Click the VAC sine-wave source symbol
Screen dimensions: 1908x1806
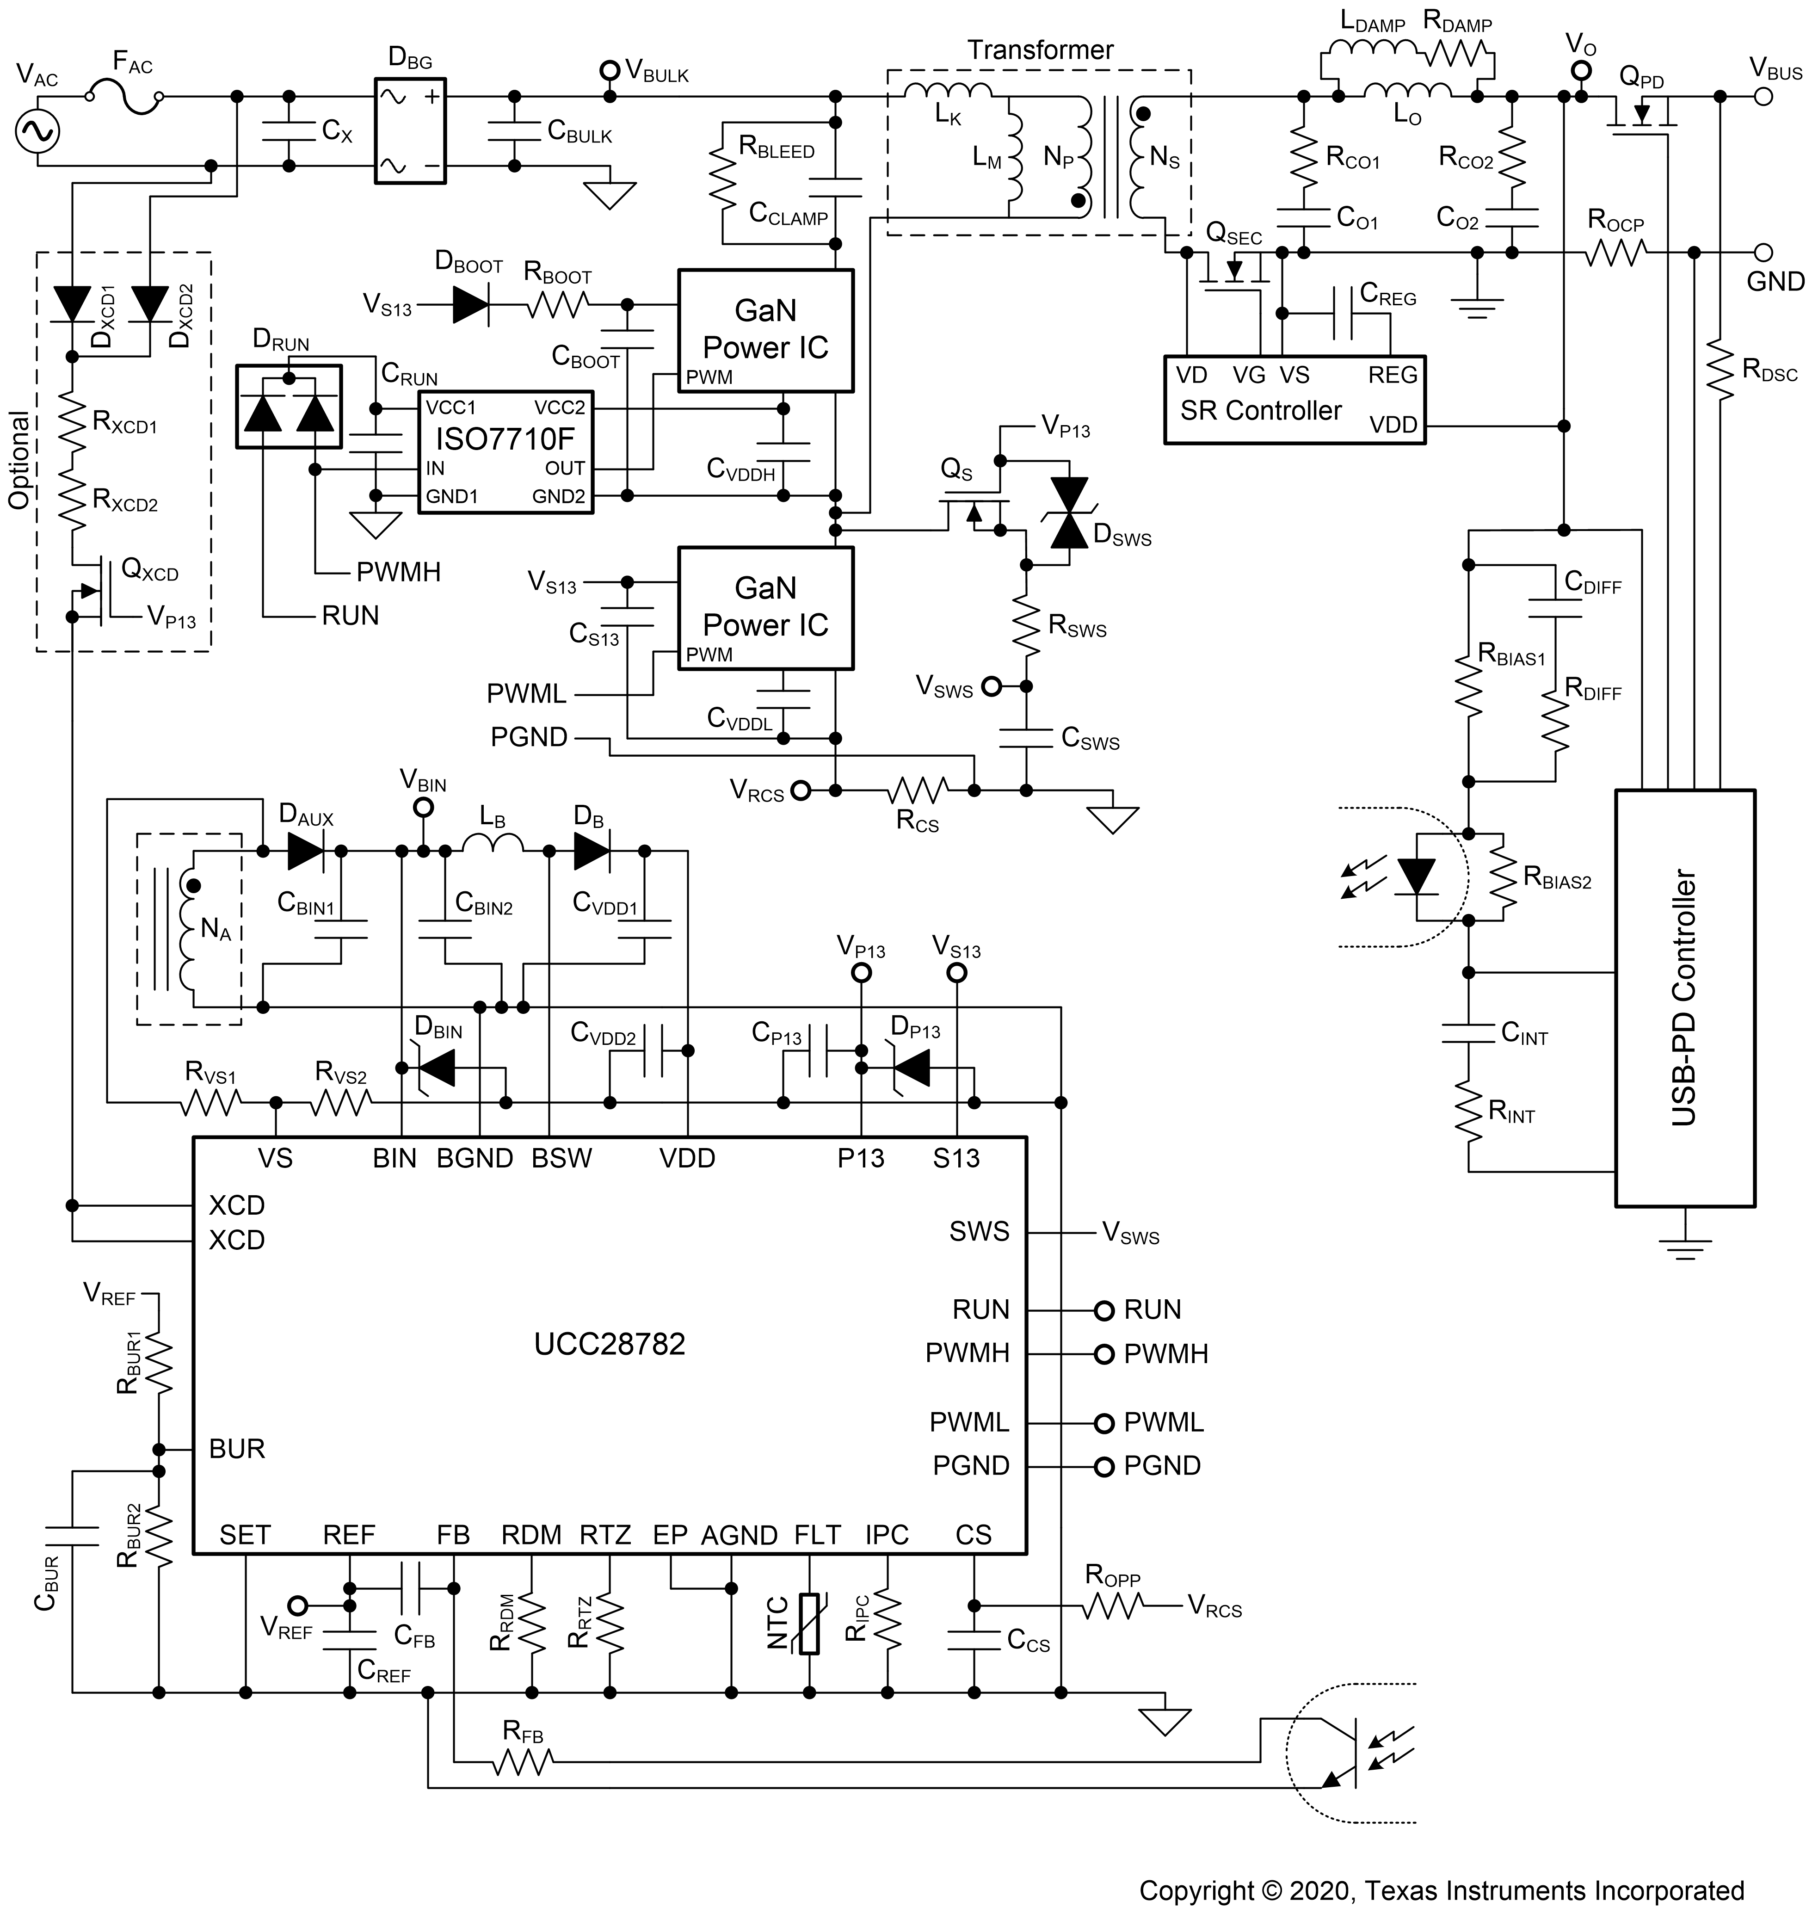point(37,132)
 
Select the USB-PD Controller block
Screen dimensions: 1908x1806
point(1684,998)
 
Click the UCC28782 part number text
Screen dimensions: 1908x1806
point(610,1344)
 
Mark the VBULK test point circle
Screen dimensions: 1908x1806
point(609,70)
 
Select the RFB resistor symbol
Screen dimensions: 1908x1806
point(523,1762)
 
